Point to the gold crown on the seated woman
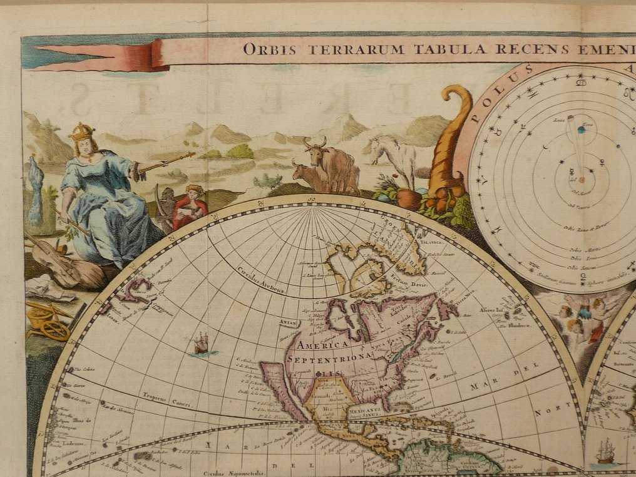point(82,131)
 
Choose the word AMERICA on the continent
point(314,344)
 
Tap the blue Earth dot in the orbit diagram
point(582,130)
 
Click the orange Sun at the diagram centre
point(582,180)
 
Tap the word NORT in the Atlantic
point(546,413)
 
